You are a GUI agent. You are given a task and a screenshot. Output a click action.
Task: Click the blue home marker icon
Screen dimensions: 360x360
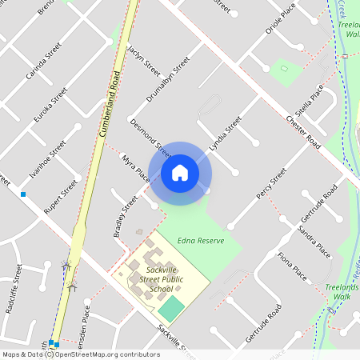tap(180, 172)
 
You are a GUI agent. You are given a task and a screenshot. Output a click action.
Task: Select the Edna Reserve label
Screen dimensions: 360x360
tap(201, 240)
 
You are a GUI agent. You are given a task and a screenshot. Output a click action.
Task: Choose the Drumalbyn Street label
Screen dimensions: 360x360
tap(168, 79)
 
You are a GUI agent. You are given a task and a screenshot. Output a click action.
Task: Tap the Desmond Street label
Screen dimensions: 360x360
tap(150, 137)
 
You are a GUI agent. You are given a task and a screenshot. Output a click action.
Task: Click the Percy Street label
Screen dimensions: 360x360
tap(271, 185)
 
